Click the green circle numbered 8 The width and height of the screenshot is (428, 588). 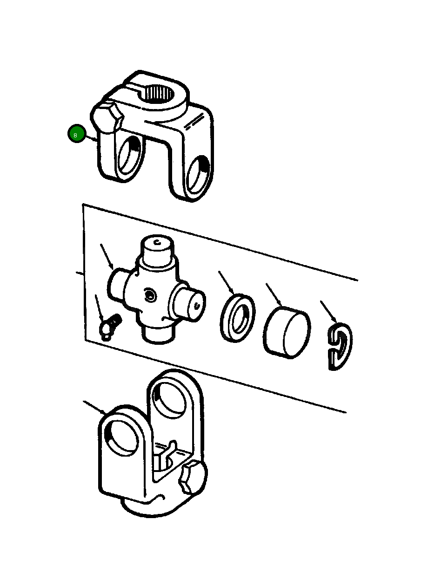77,133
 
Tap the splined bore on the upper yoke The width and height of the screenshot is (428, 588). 159,94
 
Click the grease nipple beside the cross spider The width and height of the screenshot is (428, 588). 109,327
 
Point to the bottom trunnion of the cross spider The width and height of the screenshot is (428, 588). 157,333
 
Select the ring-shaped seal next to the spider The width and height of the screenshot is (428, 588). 237,318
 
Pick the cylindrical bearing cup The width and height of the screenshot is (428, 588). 287,332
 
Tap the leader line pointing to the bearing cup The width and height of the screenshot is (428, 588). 274,295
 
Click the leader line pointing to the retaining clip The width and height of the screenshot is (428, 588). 328,312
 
